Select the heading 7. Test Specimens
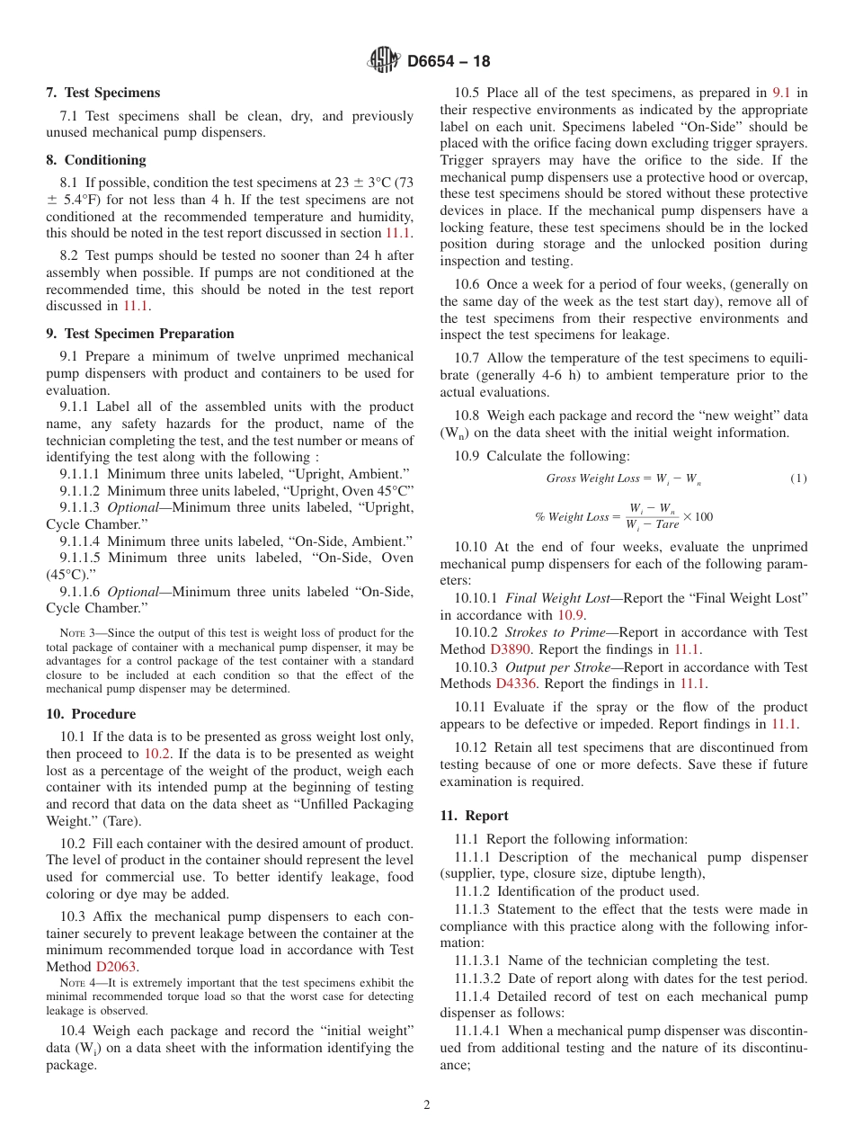[102, 93]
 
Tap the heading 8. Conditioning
[95, 160]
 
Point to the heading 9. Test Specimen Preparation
[139, 334]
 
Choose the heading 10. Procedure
[91, 714]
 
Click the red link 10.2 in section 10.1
[157, 754]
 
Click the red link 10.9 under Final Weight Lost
[571, 615]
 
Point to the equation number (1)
[798, 479]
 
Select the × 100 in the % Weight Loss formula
[698, 516]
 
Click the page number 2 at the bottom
[426, 1105]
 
